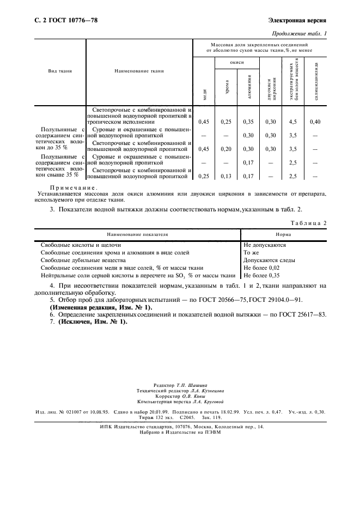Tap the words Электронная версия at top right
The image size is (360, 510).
click(x=297, y=21)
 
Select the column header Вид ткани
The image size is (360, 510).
click(x=60, y=71)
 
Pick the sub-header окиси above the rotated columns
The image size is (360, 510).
click(x=237, y=63)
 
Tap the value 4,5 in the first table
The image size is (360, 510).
click(x=292, y=122)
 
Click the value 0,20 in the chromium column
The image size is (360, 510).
click(x=227, y=148)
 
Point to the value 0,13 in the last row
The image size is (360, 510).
click(x=227, y=176)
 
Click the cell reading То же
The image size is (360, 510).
click(x=251, y=253)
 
